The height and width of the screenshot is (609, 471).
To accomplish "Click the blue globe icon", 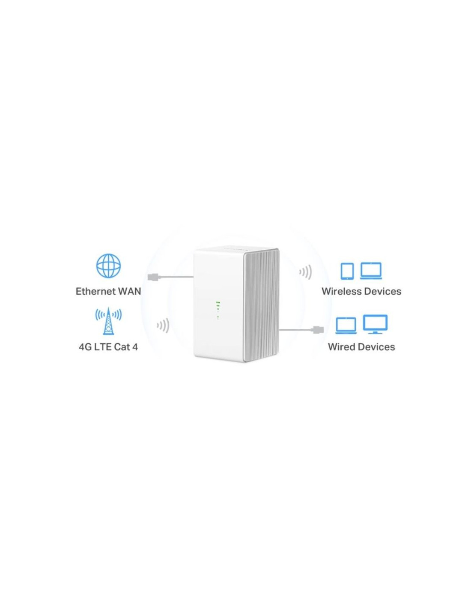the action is click(108, 266).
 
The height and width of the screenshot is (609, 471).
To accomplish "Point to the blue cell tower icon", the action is click(108, 321).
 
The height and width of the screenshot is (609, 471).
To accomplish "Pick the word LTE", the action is click(103, 347).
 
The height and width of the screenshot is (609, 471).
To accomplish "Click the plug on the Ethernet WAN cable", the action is click(154, 277).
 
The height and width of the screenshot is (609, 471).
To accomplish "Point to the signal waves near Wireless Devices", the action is click(305, 272).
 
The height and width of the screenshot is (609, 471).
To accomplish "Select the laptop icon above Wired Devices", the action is click(346, 325).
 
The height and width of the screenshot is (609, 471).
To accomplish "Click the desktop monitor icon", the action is click(375, 324).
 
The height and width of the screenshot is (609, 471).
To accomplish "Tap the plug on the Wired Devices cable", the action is click(319, 330).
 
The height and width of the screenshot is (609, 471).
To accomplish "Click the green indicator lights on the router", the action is click(218, 310).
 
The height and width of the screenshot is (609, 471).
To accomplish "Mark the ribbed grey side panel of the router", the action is click(262, 305).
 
